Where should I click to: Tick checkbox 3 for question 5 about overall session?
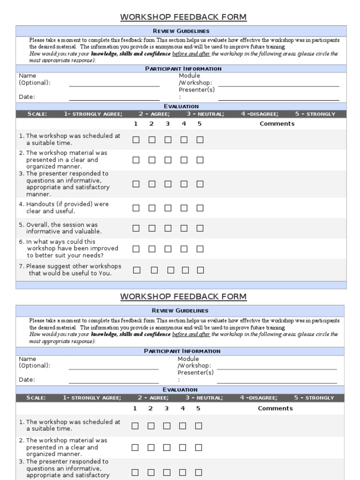(168, 228)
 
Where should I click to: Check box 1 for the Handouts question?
(136, 208)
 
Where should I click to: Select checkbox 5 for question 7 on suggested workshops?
(200, 270)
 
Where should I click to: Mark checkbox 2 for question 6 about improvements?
(152, 248)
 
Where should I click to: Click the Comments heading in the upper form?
(277, 124)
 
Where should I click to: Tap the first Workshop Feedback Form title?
(183, 17)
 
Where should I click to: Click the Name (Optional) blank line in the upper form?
(114, 86)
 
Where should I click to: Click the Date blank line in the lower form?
(113, 382)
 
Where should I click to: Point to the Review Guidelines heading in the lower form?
(180, 311)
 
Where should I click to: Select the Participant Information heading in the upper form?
(183, 68)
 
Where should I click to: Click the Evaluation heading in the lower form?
(180, 390)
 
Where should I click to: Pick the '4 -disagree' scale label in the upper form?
(260, 114)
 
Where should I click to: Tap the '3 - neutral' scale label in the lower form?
(204, 398)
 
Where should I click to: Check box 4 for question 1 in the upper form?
(184, 140)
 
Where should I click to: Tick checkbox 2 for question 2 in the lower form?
(151, 448)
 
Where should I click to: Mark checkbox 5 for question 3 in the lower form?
(198, 472)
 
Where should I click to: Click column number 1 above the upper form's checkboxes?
(135, 124)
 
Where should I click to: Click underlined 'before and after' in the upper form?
(191, 54)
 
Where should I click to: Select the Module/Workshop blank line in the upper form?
(279, 86)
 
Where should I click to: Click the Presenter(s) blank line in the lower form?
(277, 382)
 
